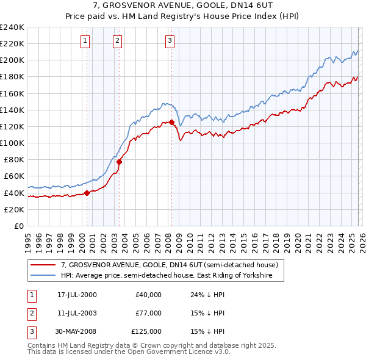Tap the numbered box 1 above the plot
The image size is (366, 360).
84,41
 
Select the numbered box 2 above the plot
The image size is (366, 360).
117,41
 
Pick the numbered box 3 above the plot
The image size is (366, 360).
170,41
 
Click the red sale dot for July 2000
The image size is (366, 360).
87,193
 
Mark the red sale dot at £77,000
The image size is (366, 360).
119,162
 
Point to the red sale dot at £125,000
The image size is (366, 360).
172,122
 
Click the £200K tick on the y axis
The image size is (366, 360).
12,60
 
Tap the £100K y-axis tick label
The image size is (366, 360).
12,143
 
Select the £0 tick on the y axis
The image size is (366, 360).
18,226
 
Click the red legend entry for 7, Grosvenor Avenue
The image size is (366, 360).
169,265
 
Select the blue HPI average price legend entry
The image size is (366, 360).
173,276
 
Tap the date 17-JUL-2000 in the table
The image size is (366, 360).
77,295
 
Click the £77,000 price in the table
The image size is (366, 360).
148,313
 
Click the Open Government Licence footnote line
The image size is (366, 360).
129,352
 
